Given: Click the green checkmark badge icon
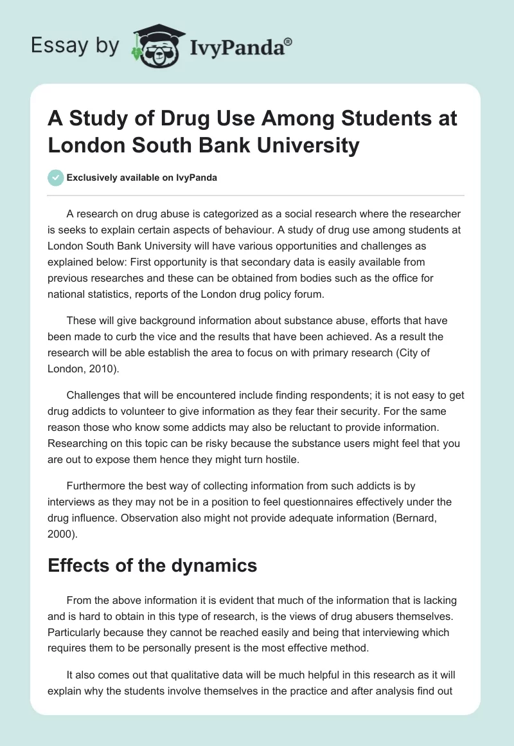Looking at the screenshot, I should pos(57,177).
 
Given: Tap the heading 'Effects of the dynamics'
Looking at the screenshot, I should pos(152,566).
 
